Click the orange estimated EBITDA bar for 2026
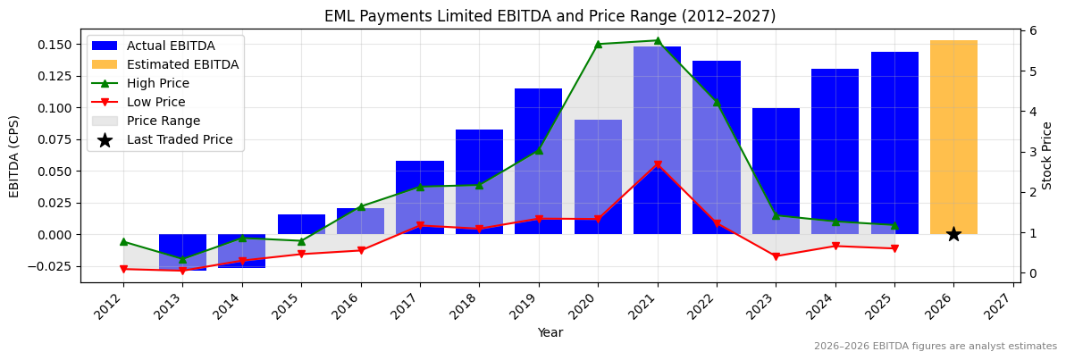[953, 134]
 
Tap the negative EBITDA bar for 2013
[182, 251]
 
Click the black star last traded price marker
[953, 234]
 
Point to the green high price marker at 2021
[658, 40]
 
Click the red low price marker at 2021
[658, 165]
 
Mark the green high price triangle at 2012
[123, 241]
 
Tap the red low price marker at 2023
[776, 256]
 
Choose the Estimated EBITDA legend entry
[182, 64]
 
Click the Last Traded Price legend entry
[179, 139]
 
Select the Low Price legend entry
[155, 102]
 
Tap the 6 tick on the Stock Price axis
[1033, 30]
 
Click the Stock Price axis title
[1047, 155]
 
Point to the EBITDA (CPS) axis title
[14, 155]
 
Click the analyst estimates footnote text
[935, 347]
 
